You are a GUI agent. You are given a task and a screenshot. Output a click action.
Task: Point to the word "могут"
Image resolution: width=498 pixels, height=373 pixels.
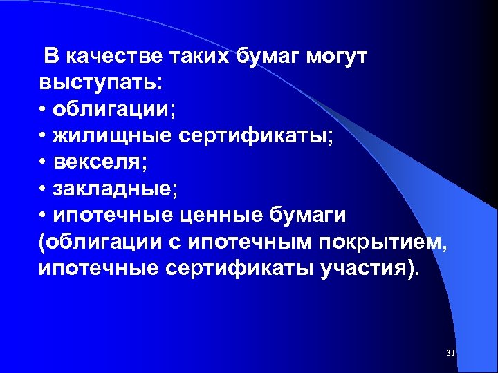[x=340, y=57]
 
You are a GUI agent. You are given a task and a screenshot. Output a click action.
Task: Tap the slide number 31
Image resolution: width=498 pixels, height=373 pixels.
[x=451, y=354]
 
